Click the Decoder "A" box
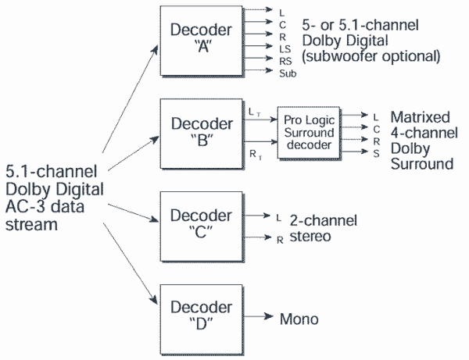(202, 41)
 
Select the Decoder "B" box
(202, 134)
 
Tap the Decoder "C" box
(202, 226)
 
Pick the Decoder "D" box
(202, 319)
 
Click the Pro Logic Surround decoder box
(309, 132)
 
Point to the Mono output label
(299, 319)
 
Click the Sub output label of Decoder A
(288, 73)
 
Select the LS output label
(285, 48)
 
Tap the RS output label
(285, 61)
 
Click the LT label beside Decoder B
(255, 112)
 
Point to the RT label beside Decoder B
(256, 155)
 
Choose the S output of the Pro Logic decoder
(376, 154)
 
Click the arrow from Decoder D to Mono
(259, 316)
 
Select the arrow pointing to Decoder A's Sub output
(258, 70)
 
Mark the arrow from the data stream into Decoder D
(131, 264)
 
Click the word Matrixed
(420, 117)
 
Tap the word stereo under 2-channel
(310, 237)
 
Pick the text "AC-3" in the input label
(26, 207)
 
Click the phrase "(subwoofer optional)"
(371, 56)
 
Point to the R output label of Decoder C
(280, 240)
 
